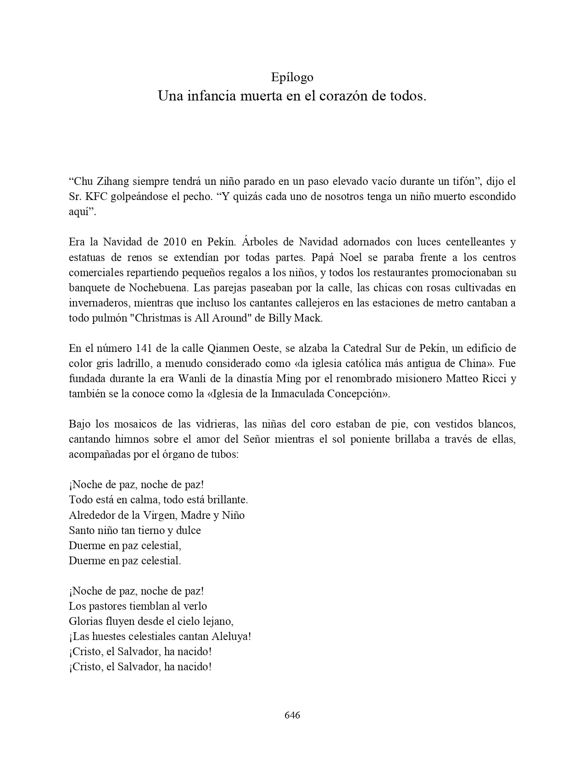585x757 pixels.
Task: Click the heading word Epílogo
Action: click(292, 77)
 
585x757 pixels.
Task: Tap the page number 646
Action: click(292, 715)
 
